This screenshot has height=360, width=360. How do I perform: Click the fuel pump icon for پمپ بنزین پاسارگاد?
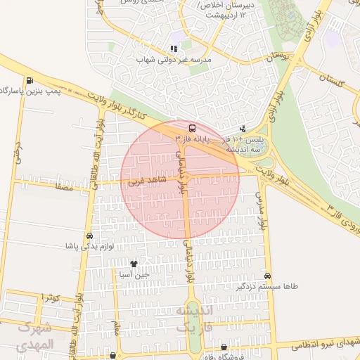point(29,80)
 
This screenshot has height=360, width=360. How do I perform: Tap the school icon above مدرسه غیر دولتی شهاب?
point(173,49)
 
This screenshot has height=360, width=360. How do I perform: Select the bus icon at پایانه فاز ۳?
point(192,128)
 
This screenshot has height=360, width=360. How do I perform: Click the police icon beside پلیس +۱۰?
point(243,129)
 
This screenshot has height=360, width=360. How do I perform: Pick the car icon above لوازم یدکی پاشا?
point(89,236)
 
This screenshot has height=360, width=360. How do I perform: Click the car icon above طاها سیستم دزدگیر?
point(267,276)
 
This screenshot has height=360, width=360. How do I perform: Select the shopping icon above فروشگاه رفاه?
point(224,347)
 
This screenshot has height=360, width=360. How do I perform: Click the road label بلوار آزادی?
point(319,25)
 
